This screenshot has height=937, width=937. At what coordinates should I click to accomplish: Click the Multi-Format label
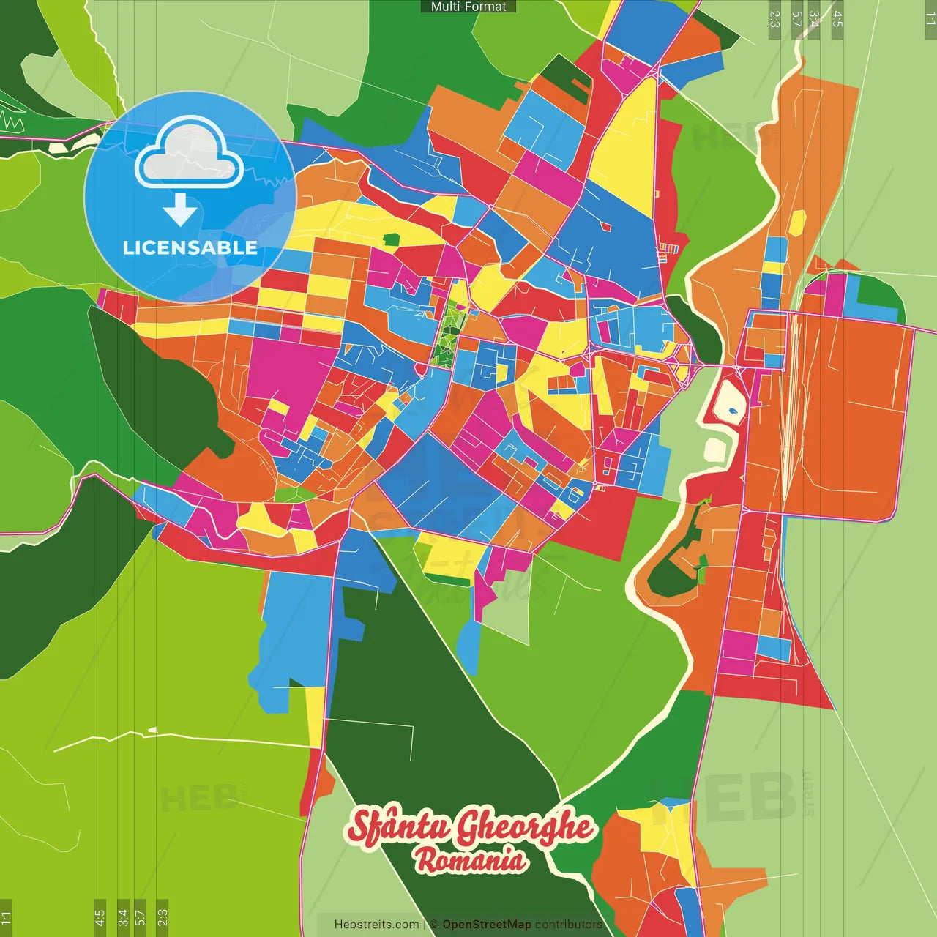[x=468, y=7]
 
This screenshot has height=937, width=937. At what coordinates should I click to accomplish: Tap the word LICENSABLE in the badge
[x=190, y=247]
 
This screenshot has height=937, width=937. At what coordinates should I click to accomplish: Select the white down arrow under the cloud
[x=180, y=210]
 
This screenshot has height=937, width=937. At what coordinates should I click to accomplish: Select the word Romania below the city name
[x=471, y=860]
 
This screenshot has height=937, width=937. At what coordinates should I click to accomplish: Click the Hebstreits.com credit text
[x=376, y=925]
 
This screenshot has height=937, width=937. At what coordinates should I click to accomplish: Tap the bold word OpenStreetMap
[x=487, y=925]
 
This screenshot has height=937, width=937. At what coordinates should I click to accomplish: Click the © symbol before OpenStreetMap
[x=434, y=925]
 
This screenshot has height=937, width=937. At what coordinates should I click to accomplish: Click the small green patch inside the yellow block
[x=392, y=239]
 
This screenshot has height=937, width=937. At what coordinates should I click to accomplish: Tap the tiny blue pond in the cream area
[x=733, y=411]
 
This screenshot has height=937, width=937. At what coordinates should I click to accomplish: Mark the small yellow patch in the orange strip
[x=796, y=223]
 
